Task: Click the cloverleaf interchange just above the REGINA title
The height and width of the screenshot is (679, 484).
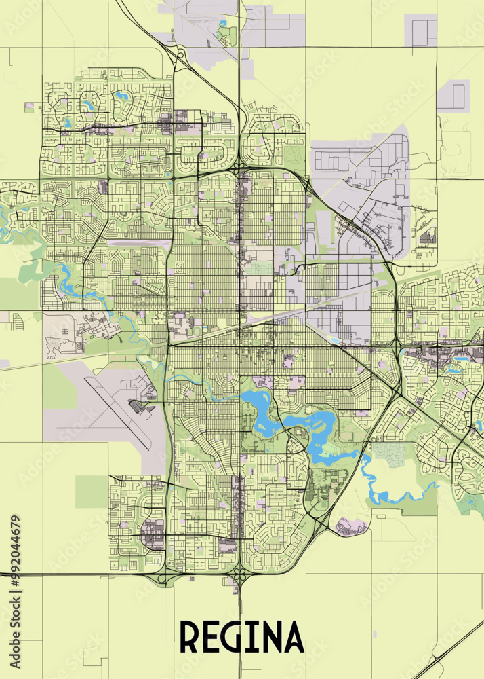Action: tap(239, 578)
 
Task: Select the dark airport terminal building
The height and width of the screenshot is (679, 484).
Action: tap(138, 406)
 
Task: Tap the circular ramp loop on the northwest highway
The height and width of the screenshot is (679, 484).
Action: tap(181, 55)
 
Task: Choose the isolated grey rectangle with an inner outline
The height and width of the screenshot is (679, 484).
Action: tap(453, 94)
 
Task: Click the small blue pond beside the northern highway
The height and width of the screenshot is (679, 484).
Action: tap(222, 23)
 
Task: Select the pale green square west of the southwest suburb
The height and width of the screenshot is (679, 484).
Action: tap(91, 492)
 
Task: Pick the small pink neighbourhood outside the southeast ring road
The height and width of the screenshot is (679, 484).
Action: tap(351, 526)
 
